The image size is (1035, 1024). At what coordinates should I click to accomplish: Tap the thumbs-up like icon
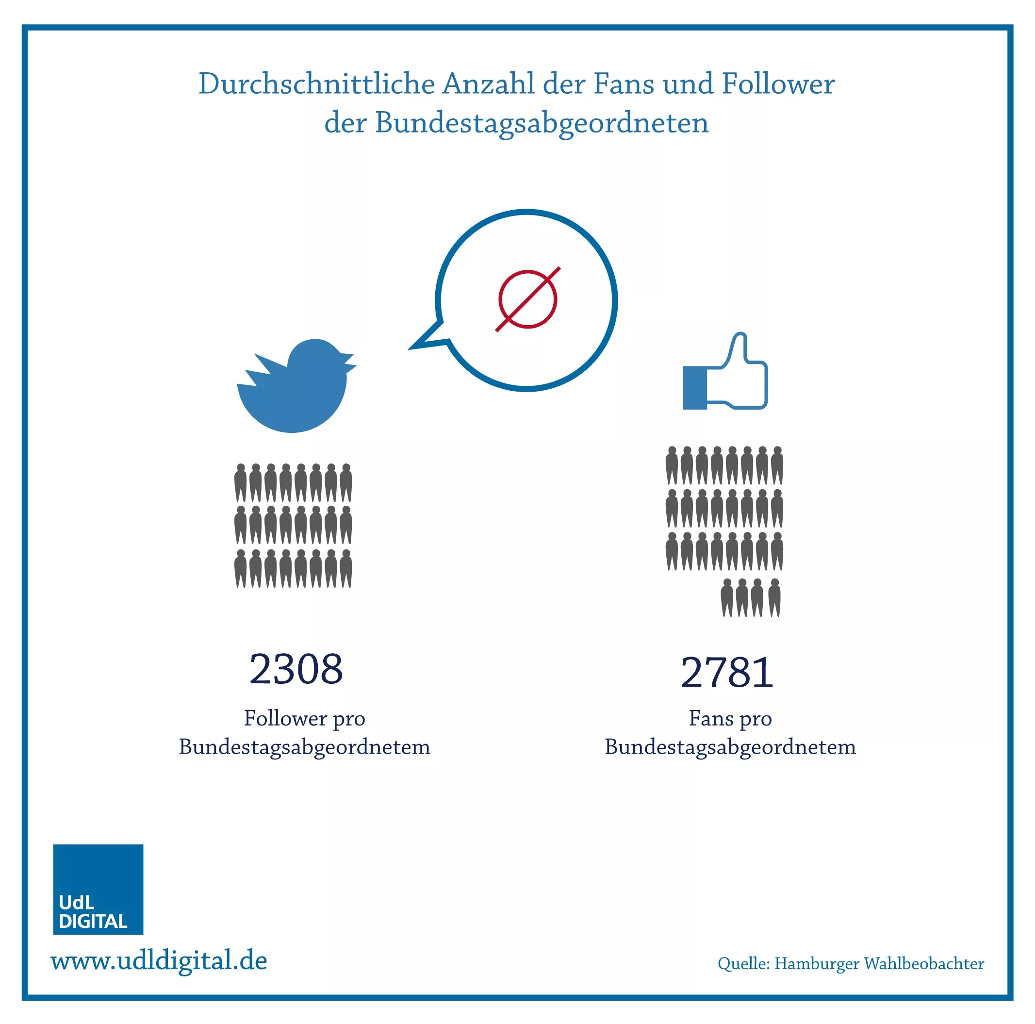click(725, 371)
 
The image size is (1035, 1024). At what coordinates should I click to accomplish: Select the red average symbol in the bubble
click(527, 299)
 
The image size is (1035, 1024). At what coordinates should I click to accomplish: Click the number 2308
click(296, 669)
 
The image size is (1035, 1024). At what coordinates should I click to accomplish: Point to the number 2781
click(727, 672)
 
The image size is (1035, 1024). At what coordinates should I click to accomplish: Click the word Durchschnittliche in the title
click(316, 83)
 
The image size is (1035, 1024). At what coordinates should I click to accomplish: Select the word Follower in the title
click(778, 83)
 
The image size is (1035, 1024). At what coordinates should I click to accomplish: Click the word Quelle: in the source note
click(743, 964)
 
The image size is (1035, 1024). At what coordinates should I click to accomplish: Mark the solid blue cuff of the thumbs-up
click(695, 388)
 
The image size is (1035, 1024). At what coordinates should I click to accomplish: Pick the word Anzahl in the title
click(489, 83)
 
